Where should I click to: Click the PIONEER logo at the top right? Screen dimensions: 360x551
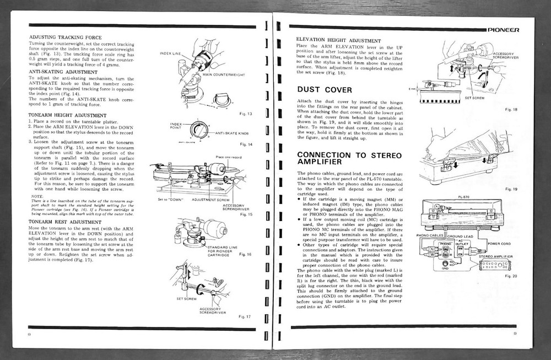coord(510,30)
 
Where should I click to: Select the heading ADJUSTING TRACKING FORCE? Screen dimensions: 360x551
coord(63,37)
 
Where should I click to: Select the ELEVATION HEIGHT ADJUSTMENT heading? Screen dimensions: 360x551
coord(338,41)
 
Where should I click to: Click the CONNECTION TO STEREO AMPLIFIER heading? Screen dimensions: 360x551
coord(349,159)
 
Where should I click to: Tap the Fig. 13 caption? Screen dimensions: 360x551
coord(245,114)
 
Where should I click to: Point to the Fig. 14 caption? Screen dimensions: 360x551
coord(245,144)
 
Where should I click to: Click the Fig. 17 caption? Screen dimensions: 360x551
coord(245,317)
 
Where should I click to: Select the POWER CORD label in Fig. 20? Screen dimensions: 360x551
coord(500,243)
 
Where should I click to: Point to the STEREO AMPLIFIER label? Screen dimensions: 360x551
coord(496,257)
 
